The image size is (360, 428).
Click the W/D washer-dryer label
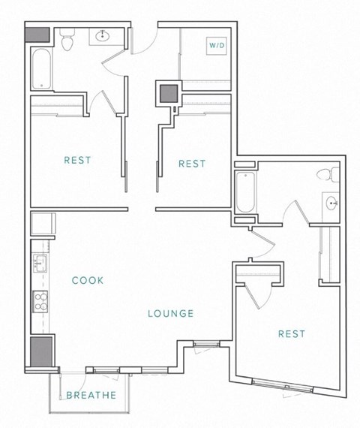(217, 46)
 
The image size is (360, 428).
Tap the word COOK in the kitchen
(88, 280)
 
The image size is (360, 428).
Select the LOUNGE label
(171, 314)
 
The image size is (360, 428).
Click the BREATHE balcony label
(91, 396)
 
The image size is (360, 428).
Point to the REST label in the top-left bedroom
(78, 160)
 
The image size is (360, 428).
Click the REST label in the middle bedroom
(191, 164)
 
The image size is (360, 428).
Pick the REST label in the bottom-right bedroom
(292, 333)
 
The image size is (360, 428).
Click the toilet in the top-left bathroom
(67, 41)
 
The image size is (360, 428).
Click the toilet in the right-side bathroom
(325, 177)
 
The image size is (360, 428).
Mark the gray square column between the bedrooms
(167, 93)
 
